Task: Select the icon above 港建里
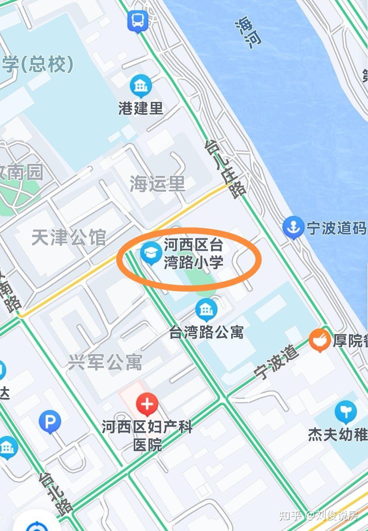coord(141,86)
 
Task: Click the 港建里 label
coord(141,108)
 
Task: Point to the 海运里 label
coord(158,184)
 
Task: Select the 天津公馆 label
coord(68,238)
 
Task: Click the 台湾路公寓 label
coord(206,332)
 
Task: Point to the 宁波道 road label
coord(277,362)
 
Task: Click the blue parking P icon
coord(50,422)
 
